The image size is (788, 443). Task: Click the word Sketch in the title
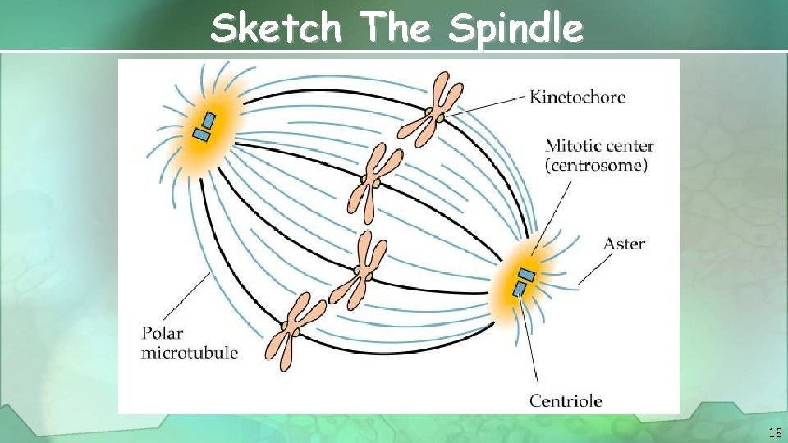pos(275,29)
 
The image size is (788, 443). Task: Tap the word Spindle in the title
pos(516,30)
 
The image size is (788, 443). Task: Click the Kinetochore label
pos(577,97)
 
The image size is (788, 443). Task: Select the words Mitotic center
pos(599,146)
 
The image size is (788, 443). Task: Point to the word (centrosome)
pos(596,166)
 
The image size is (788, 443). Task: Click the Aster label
pos(624,244)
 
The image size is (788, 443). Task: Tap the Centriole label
pos(566,400)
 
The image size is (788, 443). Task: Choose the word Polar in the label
pos(163,334)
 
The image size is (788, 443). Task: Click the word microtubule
pos(190,353)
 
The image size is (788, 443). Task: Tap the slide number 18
pos(775,432)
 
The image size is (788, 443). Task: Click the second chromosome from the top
pos(374,181)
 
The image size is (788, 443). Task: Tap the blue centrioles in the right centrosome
pos(523,281)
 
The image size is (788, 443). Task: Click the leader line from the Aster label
pos(595,268)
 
